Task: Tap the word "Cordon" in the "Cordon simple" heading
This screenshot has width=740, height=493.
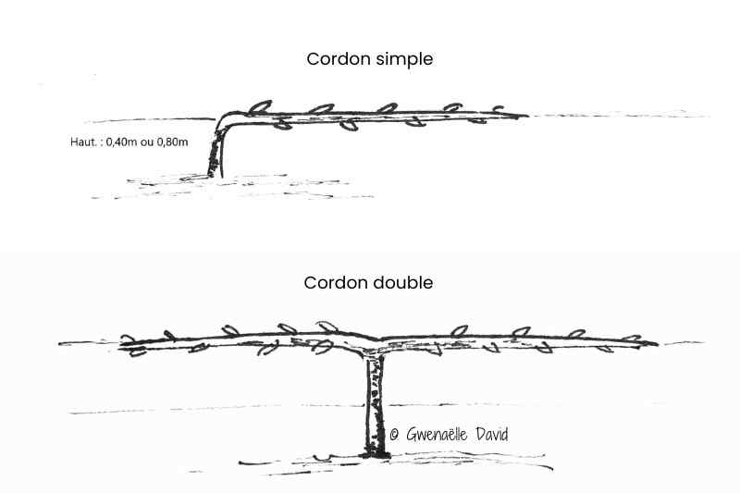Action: coord(332,58)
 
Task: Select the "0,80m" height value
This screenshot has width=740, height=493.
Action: coord(172,142)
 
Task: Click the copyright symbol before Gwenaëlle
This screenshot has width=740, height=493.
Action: coord(393,433)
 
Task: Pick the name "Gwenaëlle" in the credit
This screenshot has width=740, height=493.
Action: coord(439,433)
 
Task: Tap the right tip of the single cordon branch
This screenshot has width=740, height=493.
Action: coord(525,116)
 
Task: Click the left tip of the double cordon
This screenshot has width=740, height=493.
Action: coord(124,348)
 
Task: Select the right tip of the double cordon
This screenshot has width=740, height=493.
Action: coord(655,343)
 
